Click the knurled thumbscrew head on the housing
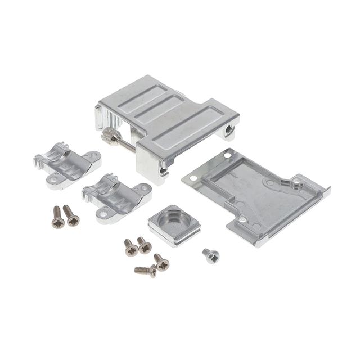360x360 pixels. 109,135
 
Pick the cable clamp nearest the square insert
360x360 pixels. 116,197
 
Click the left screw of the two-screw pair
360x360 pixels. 57,217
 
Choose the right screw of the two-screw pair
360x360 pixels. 71,215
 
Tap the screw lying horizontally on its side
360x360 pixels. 146,270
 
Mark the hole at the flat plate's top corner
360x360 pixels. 227,155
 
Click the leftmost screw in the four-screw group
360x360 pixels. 130,247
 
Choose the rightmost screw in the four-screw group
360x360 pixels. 161,262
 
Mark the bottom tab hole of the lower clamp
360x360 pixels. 103,213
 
